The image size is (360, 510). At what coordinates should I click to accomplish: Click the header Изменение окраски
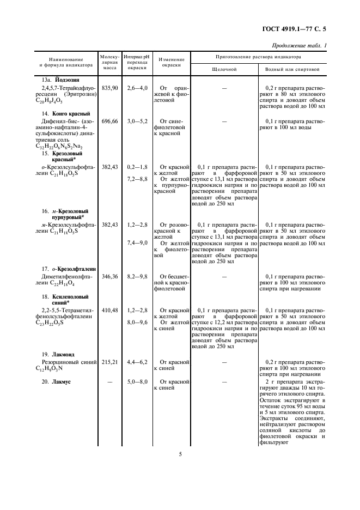tap(171, 62)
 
